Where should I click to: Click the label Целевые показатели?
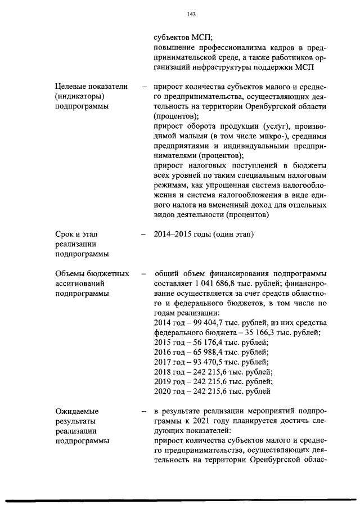[91, 87]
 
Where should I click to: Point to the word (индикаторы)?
[79, 97]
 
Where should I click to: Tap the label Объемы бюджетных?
[92, 273]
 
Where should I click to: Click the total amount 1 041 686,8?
[217, 284]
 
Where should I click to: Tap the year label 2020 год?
[169, 391]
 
